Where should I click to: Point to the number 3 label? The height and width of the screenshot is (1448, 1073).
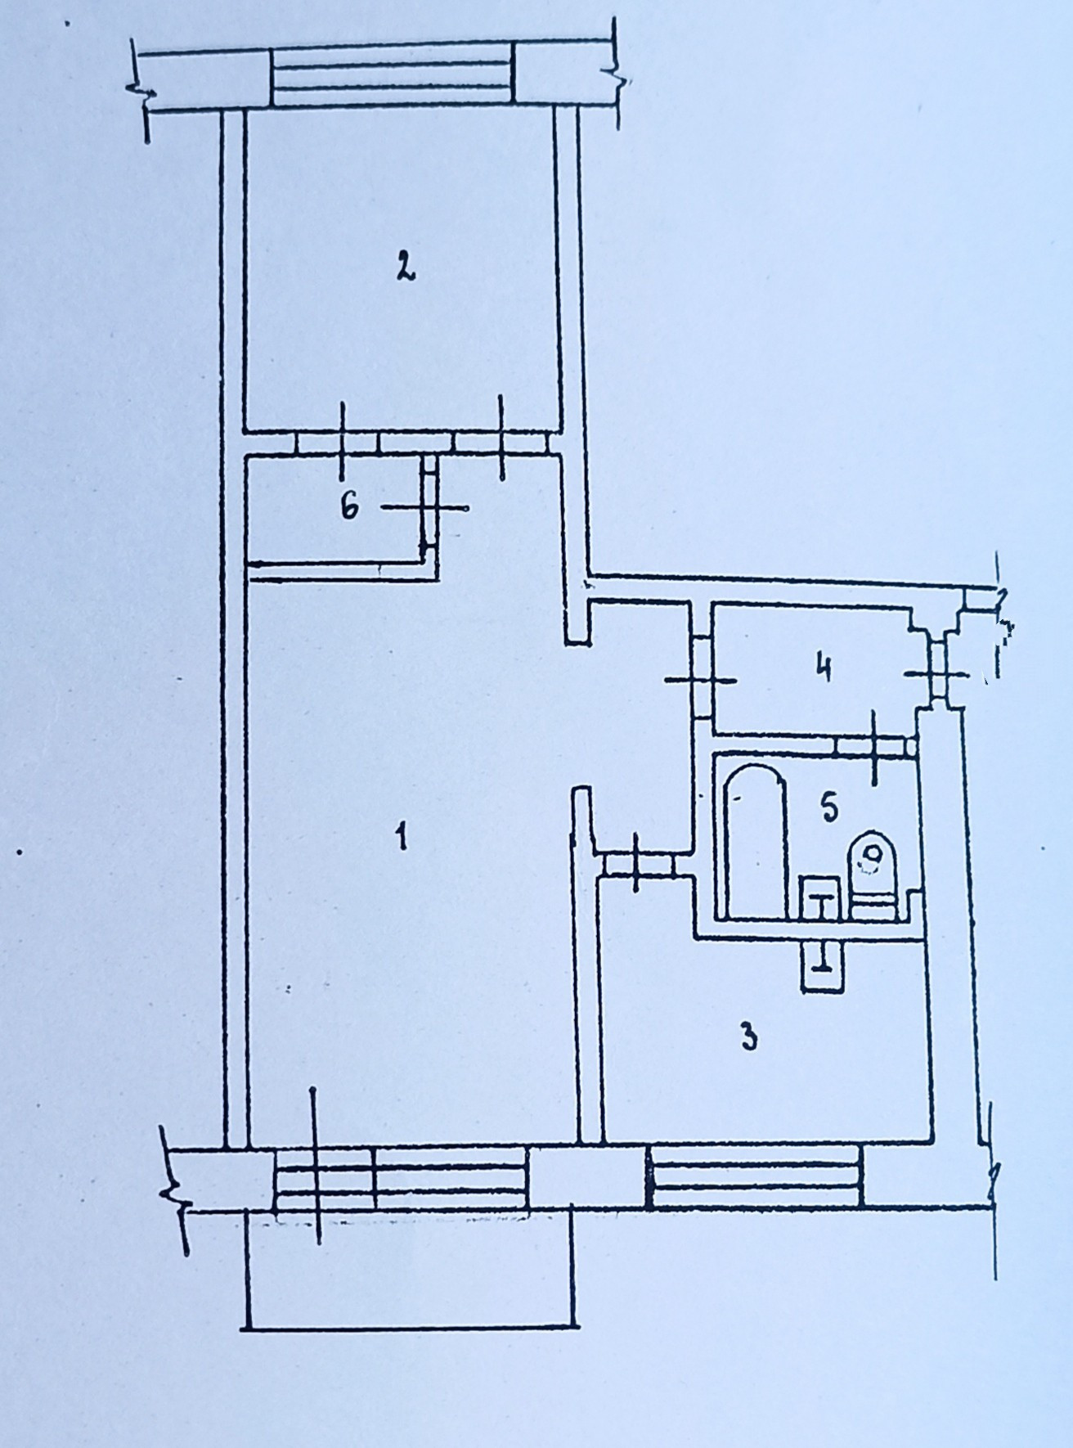tap(748, 1037)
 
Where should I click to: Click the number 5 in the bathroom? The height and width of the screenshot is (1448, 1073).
tap(828, 808)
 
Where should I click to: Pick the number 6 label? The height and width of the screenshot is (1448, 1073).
tap(349, 507)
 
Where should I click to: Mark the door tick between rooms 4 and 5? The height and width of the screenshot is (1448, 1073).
tap(873, 744)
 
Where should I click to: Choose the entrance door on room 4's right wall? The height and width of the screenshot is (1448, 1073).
tap(941, 674)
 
